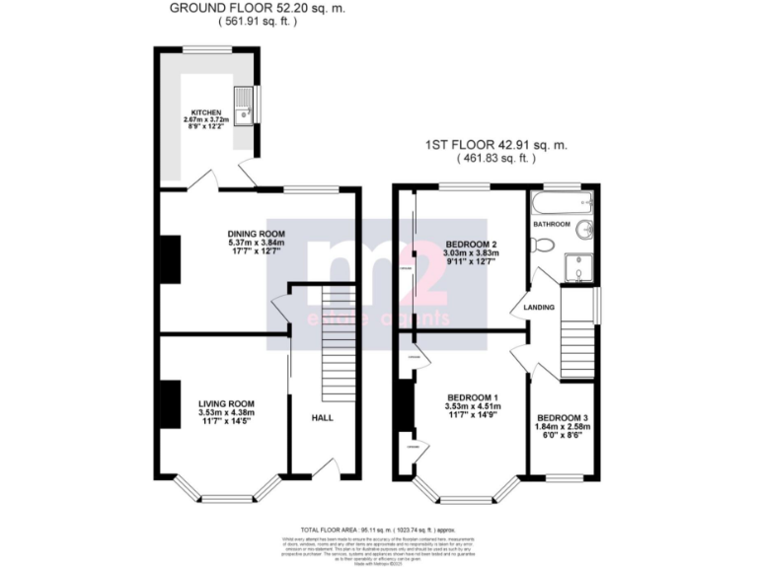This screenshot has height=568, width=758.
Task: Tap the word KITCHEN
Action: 206,112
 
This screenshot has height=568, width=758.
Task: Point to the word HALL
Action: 323,417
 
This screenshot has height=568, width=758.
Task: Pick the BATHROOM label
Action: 552,225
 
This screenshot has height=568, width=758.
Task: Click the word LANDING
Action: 539,307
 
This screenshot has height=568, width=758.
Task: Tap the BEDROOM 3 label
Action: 564,418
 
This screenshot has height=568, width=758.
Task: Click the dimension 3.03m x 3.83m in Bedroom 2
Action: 471,252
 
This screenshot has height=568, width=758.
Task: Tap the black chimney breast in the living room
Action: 171,404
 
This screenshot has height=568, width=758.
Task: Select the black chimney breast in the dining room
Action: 171,259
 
